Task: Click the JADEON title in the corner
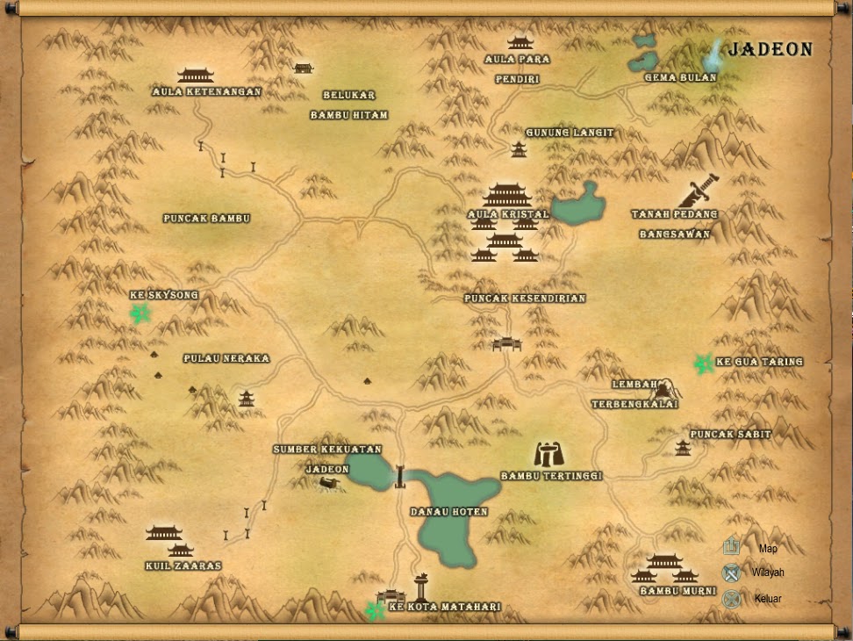pos(771,50)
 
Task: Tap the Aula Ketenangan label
pos(206,91)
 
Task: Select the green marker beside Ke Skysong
pos(139,313)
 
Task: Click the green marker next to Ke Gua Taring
pos(702,363)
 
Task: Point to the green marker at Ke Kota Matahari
pos(376,609)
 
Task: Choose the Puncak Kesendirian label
pos(525,299)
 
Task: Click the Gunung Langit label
pos(570,133)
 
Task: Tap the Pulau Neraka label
pos(226,358)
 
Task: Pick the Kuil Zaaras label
pos(183,566)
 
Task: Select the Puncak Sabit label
pos(730,435)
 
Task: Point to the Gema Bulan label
pos(680,77)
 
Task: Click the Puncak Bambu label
pos(207,218)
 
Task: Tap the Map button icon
pos(732,548)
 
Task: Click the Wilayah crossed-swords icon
pos(732,573)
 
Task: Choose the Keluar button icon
pos(732,599)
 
